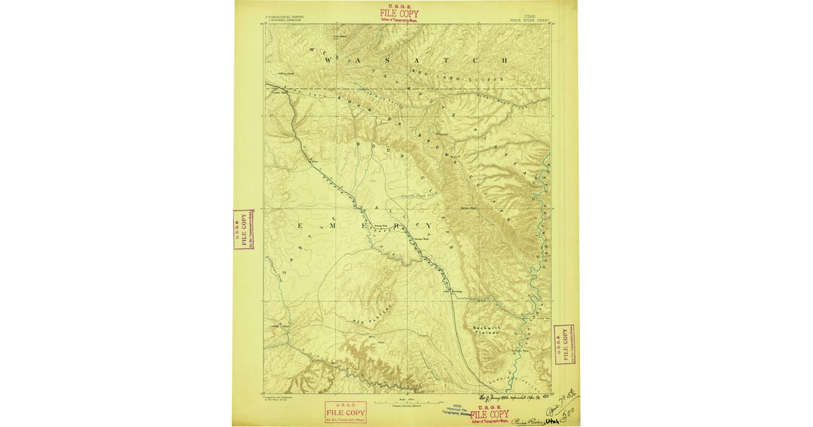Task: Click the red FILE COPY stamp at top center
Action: pyautogui.click(x=399, y=14)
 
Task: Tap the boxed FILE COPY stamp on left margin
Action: pyautogui.click(x=243, y=229)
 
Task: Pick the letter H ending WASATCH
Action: pyautogui.click(x=502, y=60)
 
